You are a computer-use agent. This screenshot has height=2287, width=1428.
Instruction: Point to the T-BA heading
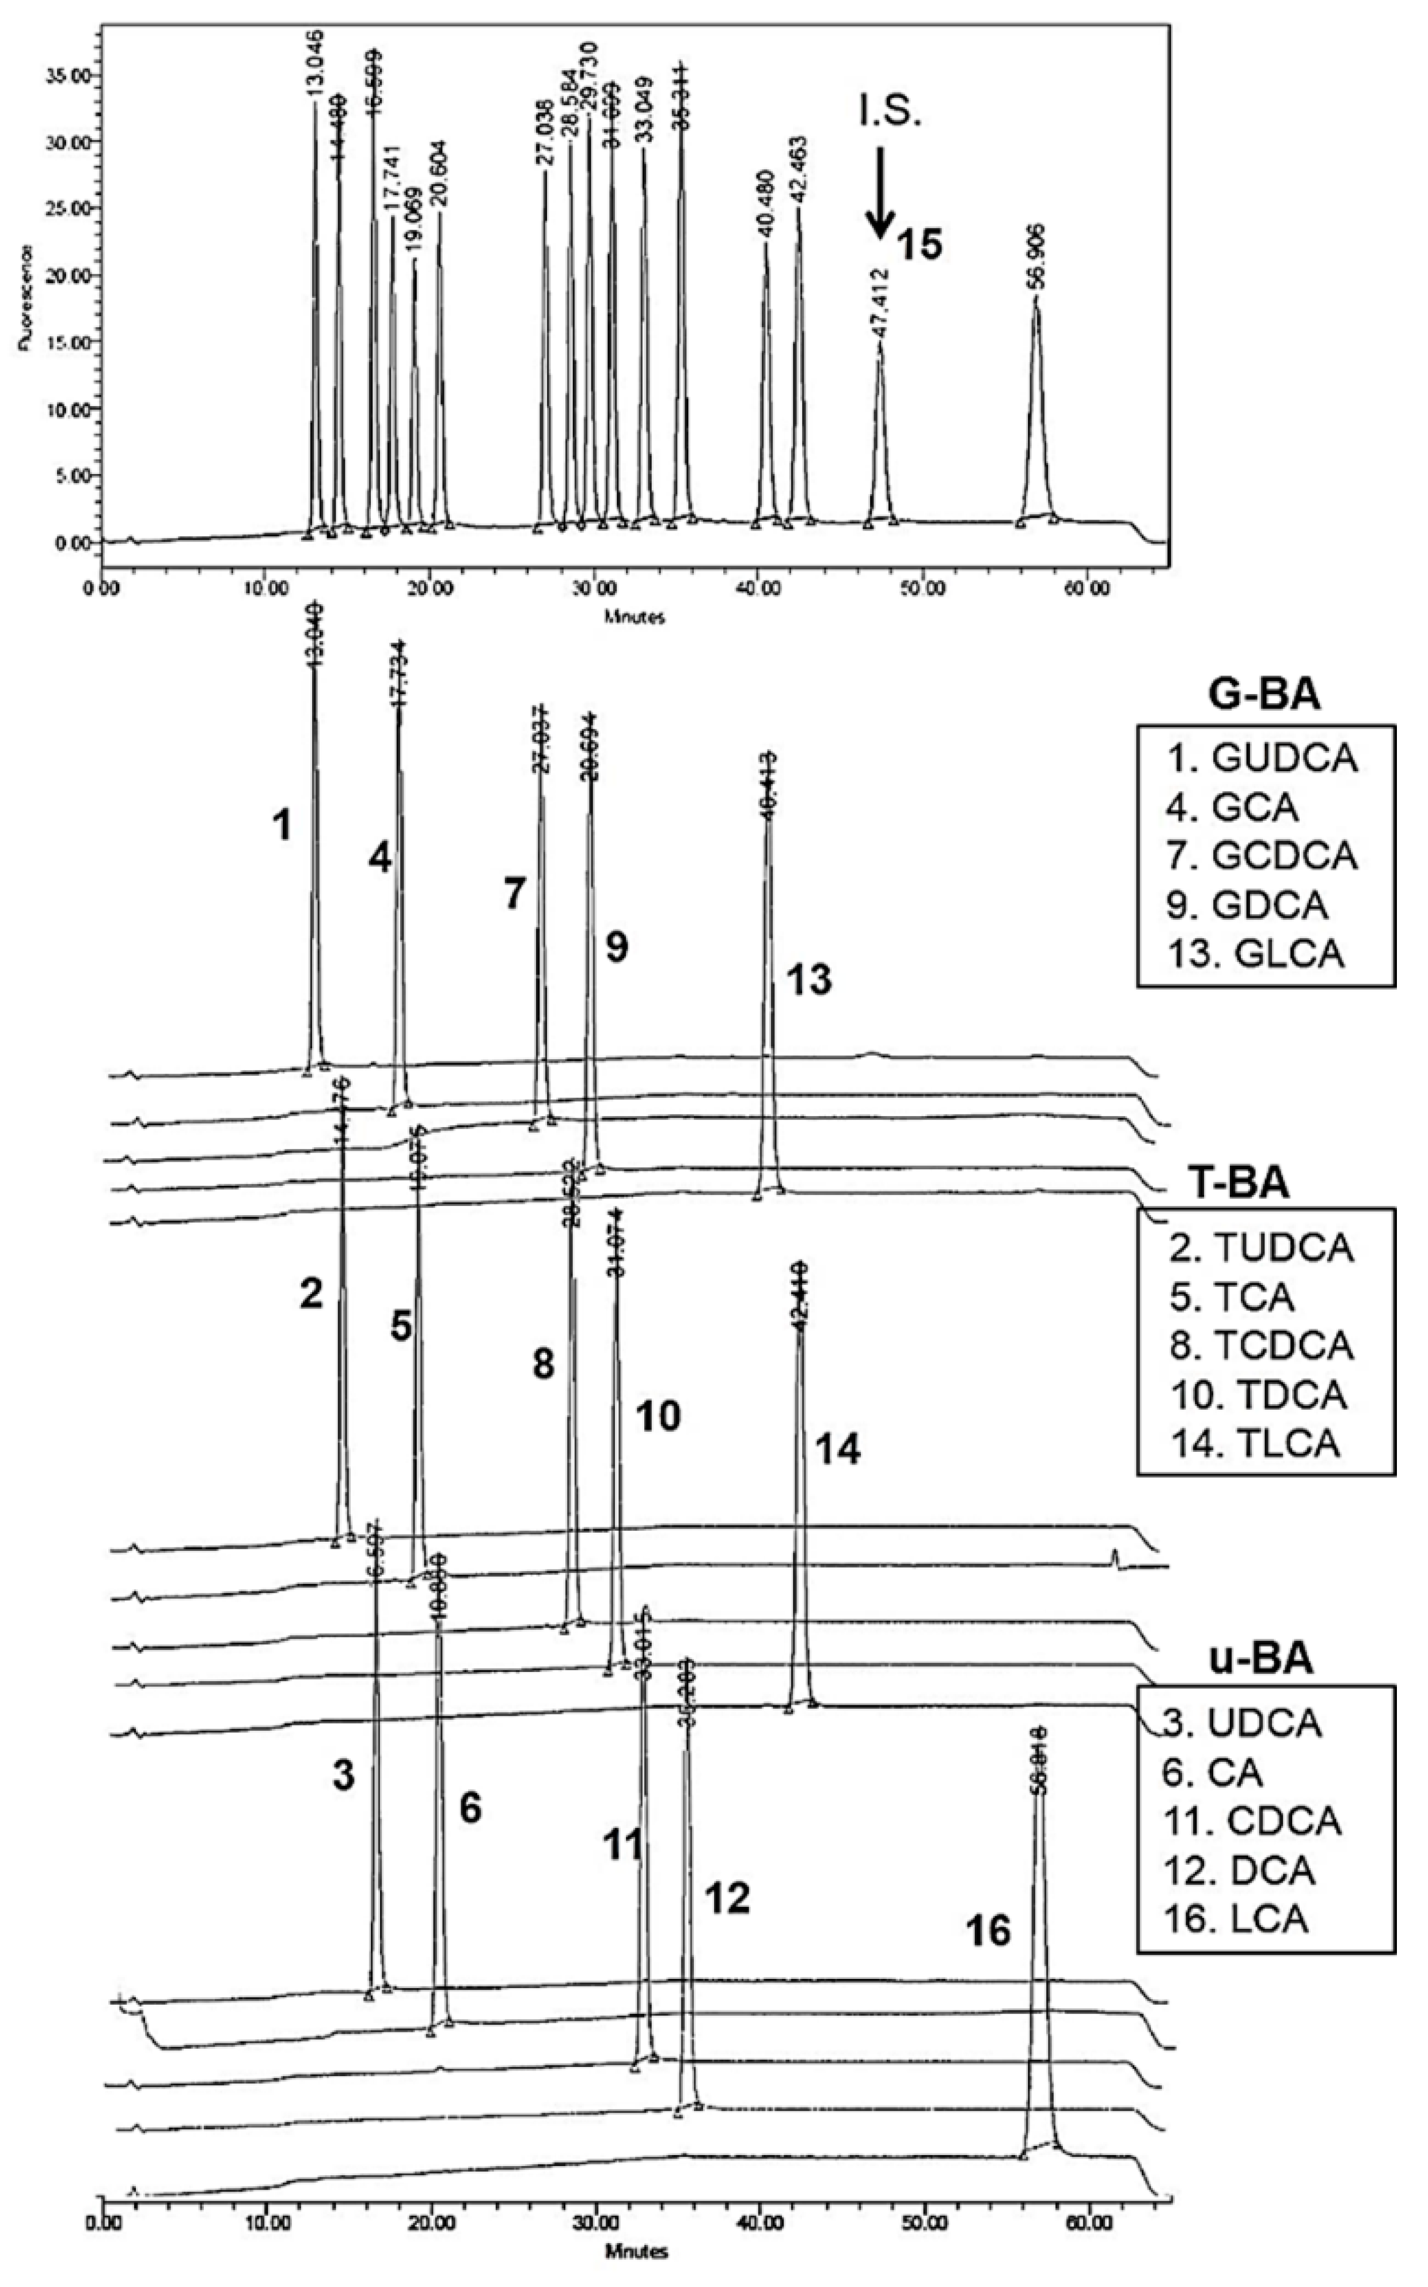point(1238,1182)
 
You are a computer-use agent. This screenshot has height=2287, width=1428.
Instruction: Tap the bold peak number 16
point(988,1931)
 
